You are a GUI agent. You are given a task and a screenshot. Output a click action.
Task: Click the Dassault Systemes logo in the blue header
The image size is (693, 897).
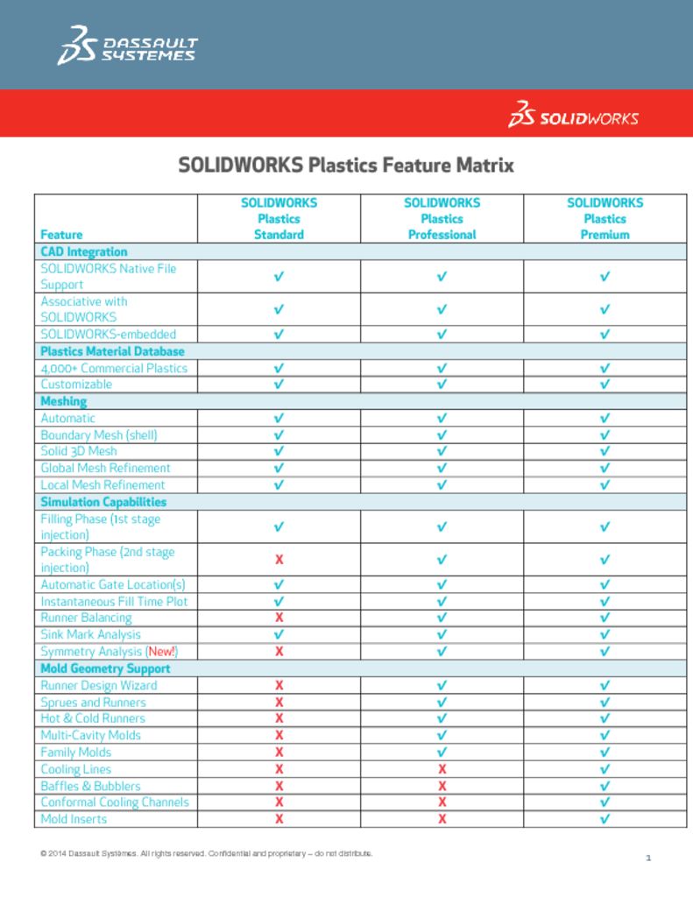pyautogui.click(x=128, y=46)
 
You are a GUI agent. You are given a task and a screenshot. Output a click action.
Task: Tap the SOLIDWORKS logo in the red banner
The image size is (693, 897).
pyautogui.click(x=574, y=117)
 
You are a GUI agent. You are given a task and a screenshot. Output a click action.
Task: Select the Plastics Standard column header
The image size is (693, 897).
pyautogui.click(x=279, y=219)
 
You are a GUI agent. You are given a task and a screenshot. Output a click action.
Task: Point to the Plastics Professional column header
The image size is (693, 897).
pyautogui.click(x=442, y=219)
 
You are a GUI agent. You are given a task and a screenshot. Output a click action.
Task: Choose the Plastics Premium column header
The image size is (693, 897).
pyautogui.click(x=605, y=219)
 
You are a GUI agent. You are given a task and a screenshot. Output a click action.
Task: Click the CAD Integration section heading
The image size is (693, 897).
pyautogui.click(x=84, y=252)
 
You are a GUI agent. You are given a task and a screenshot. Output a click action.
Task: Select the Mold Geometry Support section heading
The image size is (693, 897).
pyautogui.click(x=105, y=669)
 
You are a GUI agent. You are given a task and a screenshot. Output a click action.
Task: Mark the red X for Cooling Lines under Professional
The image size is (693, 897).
pyautogui.click(x=442, y=769)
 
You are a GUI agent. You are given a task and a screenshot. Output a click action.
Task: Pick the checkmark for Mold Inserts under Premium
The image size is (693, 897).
pyautogui.click(x=605, y=819)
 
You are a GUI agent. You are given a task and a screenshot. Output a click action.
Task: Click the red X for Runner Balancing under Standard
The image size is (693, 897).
pyautogui.click(x=279, y=618)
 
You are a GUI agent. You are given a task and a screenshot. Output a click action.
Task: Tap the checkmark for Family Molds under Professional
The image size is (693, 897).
pyautogui.click(x=442, y=752)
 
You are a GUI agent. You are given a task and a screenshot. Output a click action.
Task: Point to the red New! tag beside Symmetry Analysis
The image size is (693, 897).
pyautogui.click(x=162, y=652)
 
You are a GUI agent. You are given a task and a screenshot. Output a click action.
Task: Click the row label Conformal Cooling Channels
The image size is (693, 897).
pyautogui.click(x=115, y=802)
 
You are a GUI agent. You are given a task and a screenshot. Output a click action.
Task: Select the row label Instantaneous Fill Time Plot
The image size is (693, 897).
pyautogui.click(x=114, y=602)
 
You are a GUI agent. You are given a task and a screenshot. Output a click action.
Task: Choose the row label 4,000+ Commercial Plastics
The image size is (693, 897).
pyautogui.click(x=114, y=369)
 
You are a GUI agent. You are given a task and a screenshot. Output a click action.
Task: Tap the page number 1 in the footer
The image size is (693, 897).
pyautogui.click(x=648, y=858)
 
